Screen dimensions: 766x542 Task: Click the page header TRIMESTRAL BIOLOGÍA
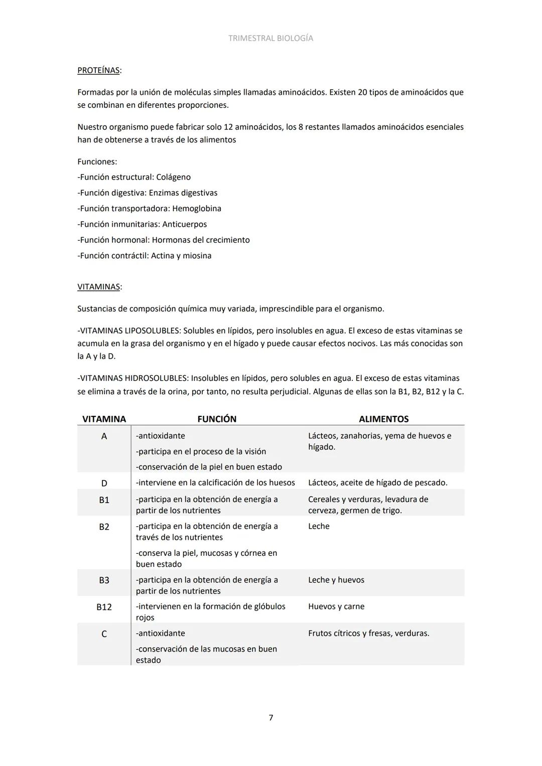pyautogui.click(x=270, y=38)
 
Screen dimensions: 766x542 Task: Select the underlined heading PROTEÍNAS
pyautogui.click(x=98, y=70)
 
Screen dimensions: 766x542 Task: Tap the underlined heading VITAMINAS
pyautogui.click(x=98, y=287)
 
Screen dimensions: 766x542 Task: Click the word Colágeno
pyautogui.click(x=173, y=177)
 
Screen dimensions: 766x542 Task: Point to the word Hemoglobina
pyautogui.click(x=197, y=209)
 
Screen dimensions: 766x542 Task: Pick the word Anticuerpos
pyautogui.click(x=184, y=224)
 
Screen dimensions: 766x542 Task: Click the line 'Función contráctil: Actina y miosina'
pyautogui.click(x=145, y=256)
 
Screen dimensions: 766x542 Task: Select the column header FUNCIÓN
pyautogui.click(x=217, y=419)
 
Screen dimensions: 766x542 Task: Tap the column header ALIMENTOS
pyautogui.click(x=383, y=419)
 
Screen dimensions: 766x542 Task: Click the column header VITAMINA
pyautogui.click(x=104, y=419)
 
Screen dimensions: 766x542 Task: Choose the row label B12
pyautogui.click(x=104, y=607)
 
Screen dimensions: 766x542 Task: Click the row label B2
pyautogui.click(x=104, y=527)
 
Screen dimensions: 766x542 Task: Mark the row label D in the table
pyautogui.click(x=104, y=484)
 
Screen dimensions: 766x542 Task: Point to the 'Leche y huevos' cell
pyautogui.click(x=336, y=580)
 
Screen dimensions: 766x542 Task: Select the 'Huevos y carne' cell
pyautogui.click(x=336, y=606)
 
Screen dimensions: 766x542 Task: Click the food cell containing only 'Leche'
pyautogui.click(x=319, y=526)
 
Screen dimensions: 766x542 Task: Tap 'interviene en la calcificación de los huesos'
pyautogui.click(x=216, y=483)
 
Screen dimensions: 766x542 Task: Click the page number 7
pyautogui.click(x=271, y=718)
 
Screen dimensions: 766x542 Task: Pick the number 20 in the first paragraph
pyautogui.click(x=362, y=92)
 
